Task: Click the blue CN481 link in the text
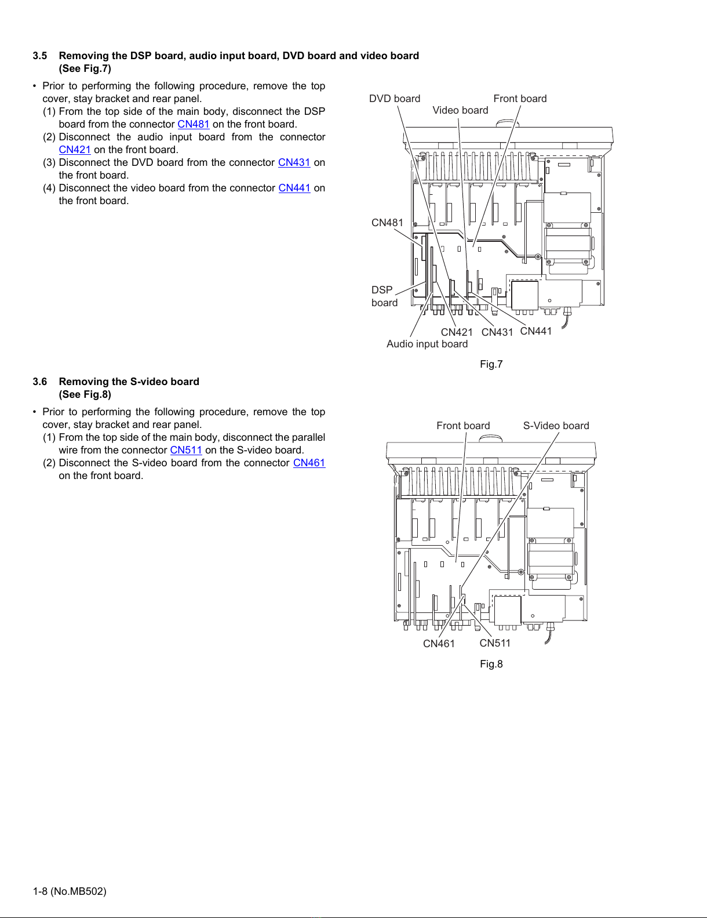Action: (x=194, y=124)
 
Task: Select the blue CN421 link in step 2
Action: (x=75, y=150)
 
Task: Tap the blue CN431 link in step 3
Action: (x=294, y=162)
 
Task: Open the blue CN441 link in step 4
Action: (x=294, y=188)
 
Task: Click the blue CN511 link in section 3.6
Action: (x=186, y=450)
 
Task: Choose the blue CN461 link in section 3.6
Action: (x=309, y=463)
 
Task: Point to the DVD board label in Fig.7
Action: (x=395, y=99)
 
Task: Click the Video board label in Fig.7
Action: (x=460, y=110)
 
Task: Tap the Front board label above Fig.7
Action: (x=520, y=99)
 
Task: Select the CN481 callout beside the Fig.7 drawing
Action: (x=387, y=223)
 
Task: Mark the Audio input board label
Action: (x=427, y=344)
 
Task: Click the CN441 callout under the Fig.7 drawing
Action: (x=535, y=331)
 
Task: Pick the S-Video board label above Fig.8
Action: (x=556, y=426)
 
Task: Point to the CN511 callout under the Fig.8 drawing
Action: (x=495, y=643)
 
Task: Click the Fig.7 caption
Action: (x=491, y=364)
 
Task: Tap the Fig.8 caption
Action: (x=491, y=664)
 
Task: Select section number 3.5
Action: (x=40, y=56)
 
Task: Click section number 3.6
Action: (x=40, y=382)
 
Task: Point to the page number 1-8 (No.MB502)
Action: (x=70, y=891)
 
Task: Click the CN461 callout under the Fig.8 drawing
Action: (x=439, y=643)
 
